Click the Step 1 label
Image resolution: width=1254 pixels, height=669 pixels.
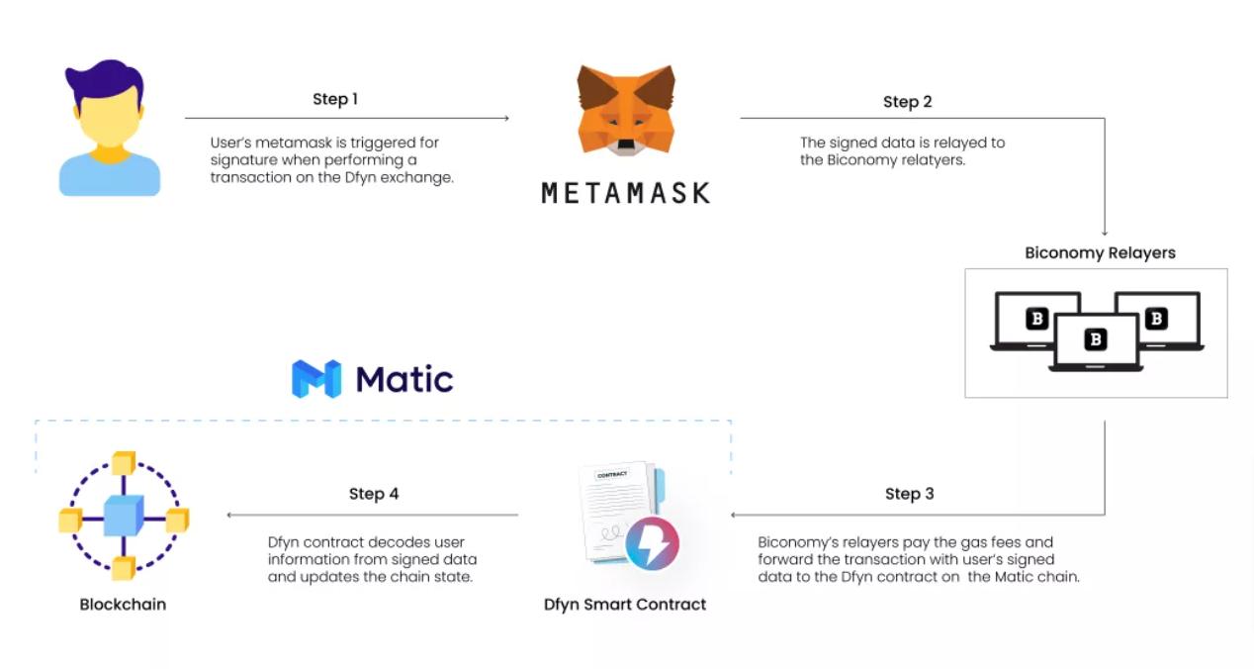point(335,99)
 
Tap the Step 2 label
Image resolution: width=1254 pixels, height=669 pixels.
point(907,102)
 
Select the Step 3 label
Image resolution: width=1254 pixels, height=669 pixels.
point(909,494)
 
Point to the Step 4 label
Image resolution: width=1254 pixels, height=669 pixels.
point(374,494)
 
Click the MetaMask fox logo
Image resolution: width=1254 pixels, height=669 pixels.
point(626,110)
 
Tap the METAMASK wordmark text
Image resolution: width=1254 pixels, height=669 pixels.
point(626,192)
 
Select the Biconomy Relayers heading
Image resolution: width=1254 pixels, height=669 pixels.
point(1100,252)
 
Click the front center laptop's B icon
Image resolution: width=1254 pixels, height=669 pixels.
point(1095,339)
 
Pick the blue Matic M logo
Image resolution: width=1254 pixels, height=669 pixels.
point(316,379)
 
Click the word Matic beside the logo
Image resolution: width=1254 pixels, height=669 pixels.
point(404,379)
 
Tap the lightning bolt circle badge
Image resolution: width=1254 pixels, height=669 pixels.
point(652,543)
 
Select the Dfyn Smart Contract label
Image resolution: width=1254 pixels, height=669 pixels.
point(625,604)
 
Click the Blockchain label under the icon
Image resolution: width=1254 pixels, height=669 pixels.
point(123,604)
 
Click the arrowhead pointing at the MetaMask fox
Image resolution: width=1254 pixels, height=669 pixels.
point(505,119)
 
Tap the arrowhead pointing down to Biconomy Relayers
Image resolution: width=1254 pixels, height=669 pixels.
point(1105,233)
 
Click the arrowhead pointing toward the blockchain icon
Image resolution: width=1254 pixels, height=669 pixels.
point(230,515)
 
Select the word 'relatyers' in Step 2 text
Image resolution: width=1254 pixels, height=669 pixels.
point(933,159)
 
